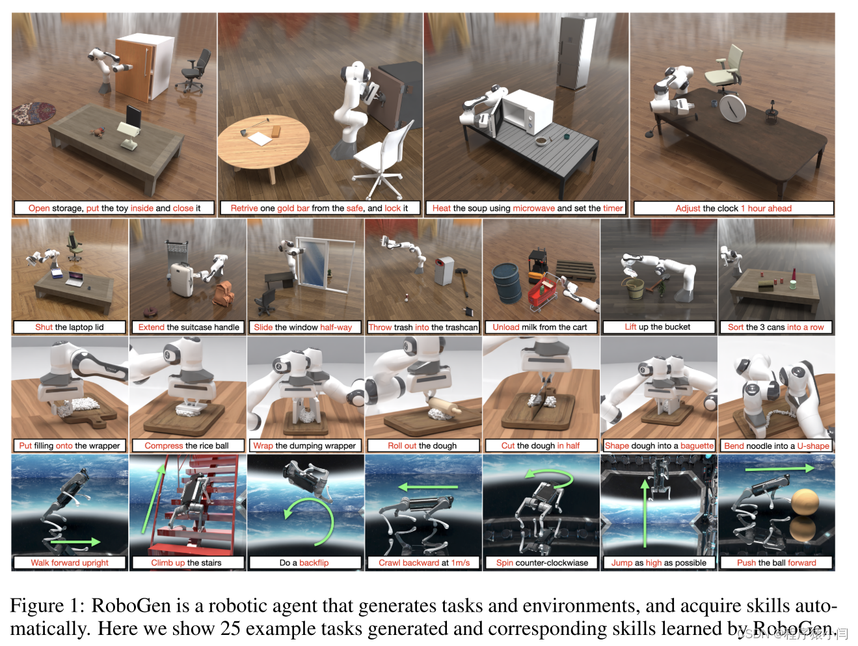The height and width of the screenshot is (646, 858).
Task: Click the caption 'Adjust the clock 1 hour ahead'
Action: (733, 208)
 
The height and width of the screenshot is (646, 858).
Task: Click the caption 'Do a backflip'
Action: (304, 563)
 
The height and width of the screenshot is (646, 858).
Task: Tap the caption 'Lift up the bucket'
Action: (658, 327)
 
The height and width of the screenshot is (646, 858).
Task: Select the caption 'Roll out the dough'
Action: (422, 446)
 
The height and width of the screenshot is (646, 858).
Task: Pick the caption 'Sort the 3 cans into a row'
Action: (775, 327)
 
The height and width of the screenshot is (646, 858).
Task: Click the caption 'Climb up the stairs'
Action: (186, 563)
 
